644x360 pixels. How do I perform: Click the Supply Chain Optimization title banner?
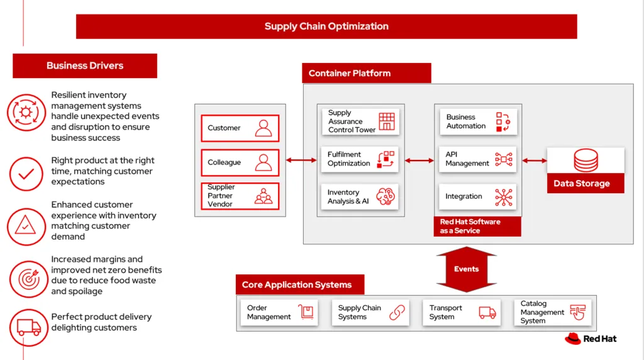click(x=326, y=26)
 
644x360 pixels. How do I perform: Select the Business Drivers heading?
click(x=85, y=65)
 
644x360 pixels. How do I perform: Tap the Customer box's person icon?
click(x=264, y=128)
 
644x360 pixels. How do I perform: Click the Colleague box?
click(x=240, y=162)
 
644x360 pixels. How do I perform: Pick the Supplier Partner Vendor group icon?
click(x=264, y=196)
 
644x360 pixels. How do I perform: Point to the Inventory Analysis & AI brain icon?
click(x=385, y=197)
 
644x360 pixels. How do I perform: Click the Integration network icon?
click(x=504, y=197)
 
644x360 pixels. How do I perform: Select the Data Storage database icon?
click(x=586, y=160)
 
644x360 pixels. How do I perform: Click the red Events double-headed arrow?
click(x=466, y=269)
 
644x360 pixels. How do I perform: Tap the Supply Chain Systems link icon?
click(x=397, y=313)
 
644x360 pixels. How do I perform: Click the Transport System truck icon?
click(x=487, y=313)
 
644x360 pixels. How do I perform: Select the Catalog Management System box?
click(x=552, y=313)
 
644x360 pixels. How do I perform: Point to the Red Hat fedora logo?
click(x=572, y=339)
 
